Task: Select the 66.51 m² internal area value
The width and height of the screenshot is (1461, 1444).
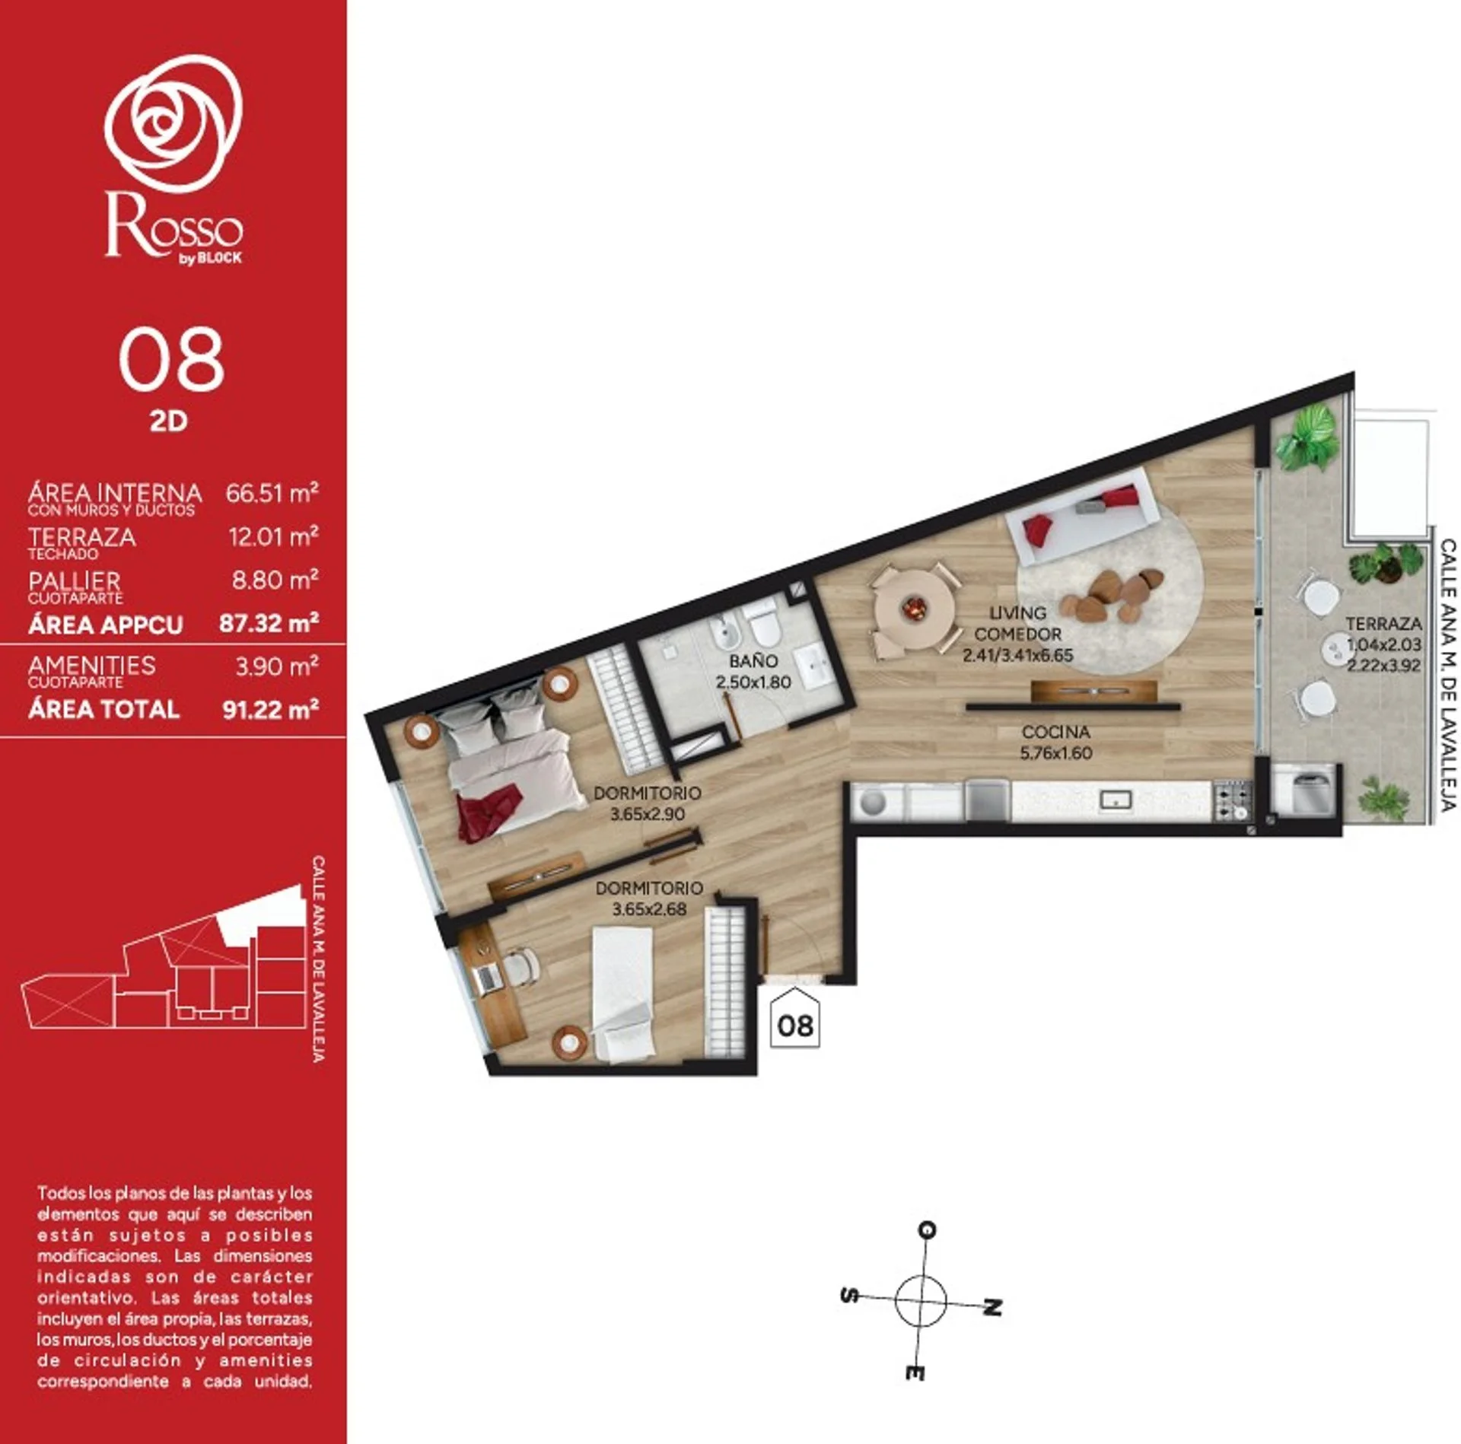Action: [x=272, y=493]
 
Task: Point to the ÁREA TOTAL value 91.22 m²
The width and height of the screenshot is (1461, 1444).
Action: [x=270, y=710]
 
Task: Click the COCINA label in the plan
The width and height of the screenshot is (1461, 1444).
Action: [x=1056, y=732]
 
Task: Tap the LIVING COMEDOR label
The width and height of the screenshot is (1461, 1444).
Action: [x=1017, y=623]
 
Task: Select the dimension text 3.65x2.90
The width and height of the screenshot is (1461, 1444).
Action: [x=648, y=813]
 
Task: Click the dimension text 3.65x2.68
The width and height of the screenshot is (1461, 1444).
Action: [x=649, y=908]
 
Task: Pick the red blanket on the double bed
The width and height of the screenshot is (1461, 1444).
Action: [x=489, y=811]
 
